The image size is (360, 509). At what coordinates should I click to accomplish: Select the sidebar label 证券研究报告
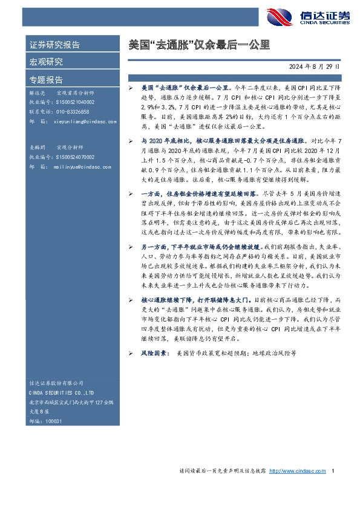click(x=54, y=45)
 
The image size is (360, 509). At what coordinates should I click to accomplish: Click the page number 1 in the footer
click(x=334, y=471)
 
